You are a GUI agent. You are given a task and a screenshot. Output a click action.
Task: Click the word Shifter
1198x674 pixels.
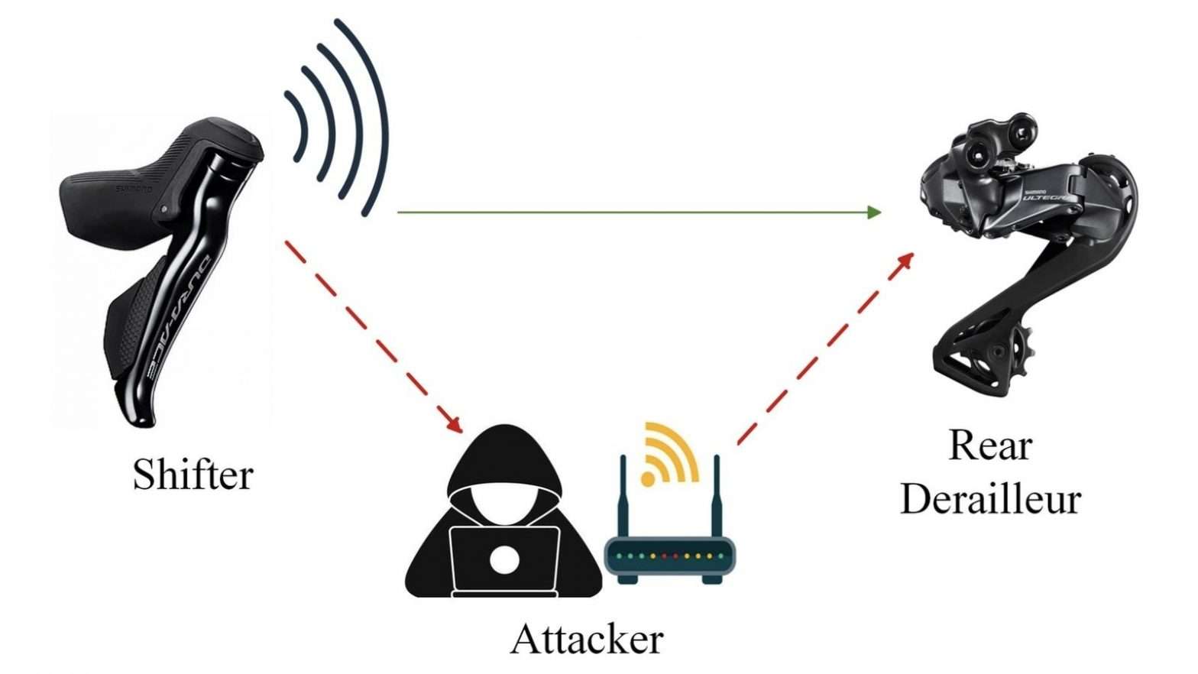tap(193, 475)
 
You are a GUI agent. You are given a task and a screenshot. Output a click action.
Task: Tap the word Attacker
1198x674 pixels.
tap(587, 639)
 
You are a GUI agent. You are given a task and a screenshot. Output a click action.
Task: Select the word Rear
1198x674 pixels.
tap(990, 446)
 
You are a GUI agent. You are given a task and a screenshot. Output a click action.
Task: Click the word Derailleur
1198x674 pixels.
tap(990, 499)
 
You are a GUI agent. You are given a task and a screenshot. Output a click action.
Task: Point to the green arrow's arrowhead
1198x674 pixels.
tap(874, 212)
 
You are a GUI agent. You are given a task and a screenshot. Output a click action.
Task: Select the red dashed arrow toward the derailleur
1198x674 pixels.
tap(825, 348)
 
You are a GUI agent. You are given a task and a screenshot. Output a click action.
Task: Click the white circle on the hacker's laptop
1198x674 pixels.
tap(504, 560)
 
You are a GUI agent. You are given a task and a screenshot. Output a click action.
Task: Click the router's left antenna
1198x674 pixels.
tap(623, 497)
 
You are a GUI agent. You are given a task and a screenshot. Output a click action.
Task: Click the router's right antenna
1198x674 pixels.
tap(717, 497)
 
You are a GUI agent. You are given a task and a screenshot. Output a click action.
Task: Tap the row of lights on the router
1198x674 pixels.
tap(669, 556)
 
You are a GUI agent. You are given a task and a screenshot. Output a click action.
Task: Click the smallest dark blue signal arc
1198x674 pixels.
tap(298, 126)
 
